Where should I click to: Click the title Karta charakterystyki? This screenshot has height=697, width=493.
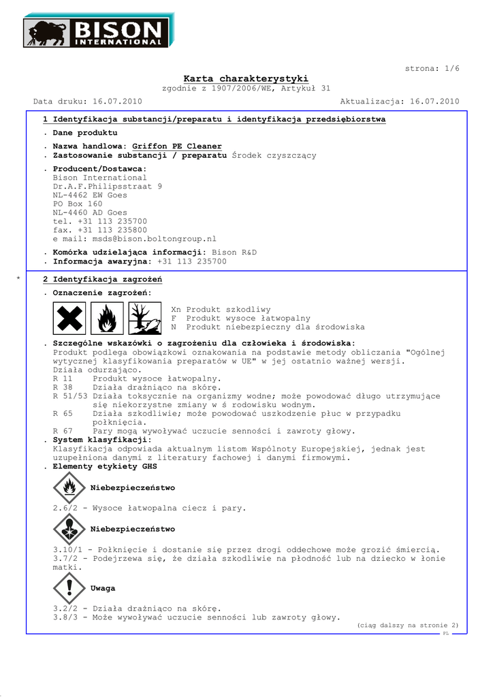coord(246,79)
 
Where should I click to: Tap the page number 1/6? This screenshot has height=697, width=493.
coord(452,69)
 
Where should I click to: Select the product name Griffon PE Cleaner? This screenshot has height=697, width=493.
coord(176,146)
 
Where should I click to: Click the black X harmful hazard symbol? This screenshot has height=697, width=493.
coord(69,318)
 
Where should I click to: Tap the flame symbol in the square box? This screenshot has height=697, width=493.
coord(106,318)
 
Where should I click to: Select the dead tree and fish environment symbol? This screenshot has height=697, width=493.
coord(144,318)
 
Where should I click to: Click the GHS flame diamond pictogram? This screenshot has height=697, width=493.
coord(69,488)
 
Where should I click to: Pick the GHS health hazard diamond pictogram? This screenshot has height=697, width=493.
coord(69,529)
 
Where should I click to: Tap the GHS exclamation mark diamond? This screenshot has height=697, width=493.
coord(69,588)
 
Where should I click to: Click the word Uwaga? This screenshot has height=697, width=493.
coord(103,588)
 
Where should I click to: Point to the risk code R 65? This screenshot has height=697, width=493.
coord(63,413)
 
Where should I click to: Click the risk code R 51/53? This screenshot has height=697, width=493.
coord(70,396)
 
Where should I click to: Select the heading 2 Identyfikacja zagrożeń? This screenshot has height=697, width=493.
coord(102,280)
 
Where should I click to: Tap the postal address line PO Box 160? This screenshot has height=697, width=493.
coord(78,204)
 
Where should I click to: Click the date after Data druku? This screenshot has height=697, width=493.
coord(117,101)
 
